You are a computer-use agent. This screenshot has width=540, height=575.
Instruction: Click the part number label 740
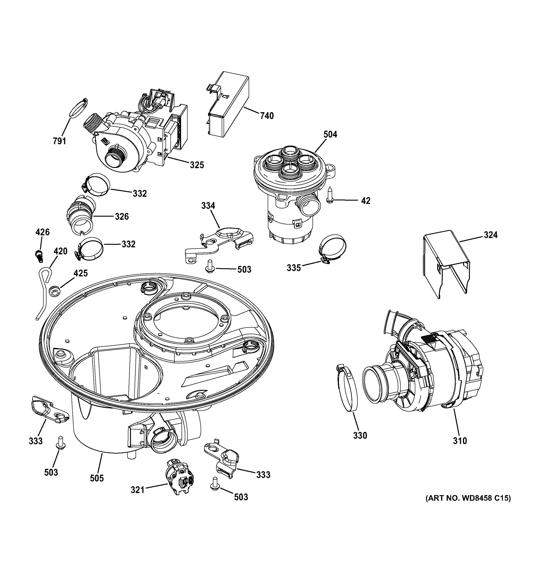[267, 116]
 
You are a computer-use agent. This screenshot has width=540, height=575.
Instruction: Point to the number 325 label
[197, 165]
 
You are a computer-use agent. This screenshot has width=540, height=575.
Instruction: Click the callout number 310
[460, 441]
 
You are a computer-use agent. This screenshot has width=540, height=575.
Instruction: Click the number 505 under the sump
[97, 478]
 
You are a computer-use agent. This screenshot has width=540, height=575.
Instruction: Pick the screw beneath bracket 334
[209, 265]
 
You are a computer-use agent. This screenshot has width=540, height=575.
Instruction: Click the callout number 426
[42, 232]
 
